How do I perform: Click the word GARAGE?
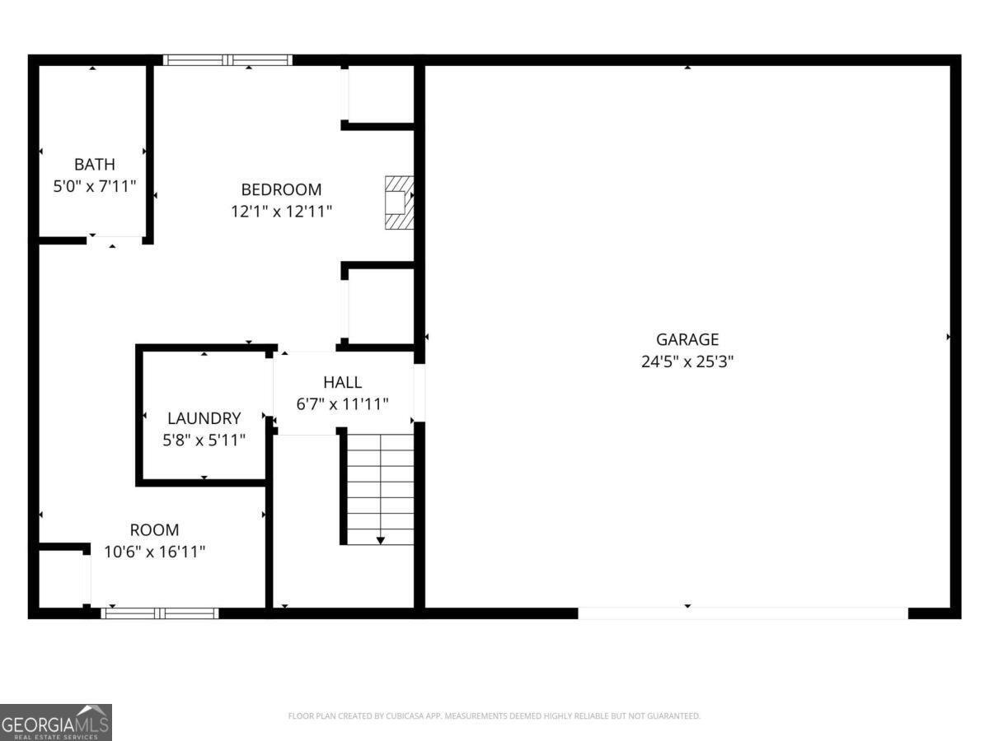click(687, 339)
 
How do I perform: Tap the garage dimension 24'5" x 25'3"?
click(687, 361)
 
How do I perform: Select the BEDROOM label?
click(281, 190)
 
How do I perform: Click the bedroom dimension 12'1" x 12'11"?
click(281, 212)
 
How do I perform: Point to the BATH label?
click(95, 165)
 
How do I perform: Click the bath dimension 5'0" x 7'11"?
click(94, 186)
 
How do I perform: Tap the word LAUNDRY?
click(204, 418)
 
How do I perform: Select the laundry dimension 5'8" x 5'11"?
click(204, 440)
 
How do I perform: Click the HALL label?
click(342, 382)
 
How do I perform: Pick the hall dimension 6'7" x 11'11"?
click(342, 403)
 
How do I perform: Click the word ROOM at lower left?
click(154, 530)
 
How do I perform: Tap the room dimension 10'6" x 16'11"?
click(154, 552)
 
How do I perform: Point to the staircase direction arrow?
click(381, 539)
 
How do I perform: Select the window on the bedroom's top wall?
click(227, 60)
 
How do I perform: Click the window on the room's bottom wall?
click(160, 613)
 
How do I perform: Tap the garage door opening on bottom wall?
click(743, 613)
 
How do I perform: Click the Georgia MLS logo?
click(56, 722)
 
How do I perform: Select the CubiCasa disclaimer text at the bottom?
click(494, 716)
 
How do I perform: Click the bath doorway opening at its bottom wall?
click(115, 240)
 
